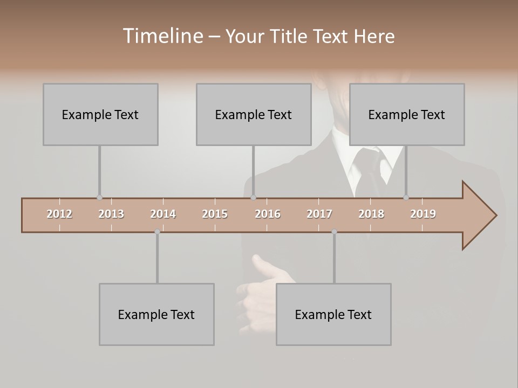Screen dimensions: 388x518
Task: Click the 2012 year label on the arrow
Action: click(x=59, y=214)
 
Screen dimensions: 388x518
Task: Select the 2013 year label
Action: click(x=111, y=214)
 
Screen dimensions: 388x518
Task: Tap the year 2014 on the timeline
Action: click(x=163, y=214)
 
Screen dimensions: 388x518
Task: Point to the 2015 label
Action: click(x=215, y=214)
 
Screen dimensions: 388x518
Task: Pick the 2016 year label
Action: click(x=268, y=214)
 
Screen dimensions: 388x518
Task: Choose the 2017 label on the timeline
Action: click(x=319, y=214)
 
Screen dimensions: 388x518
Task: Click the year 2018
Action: click(x=371, y=214)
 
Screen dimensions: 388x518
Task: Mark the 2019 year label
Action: click(x=423, y=214)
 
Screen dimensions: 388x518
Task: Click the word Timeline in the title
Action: click(x=162, y=36)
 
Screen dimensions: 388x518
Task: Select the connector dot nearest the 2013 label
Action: click(x=99, y=198)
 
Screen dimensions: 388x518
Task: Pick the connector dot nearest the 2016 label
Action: click(x=254, y=198)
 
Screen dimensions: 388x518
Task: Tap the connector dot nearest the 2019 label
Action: click(x=406, y=198)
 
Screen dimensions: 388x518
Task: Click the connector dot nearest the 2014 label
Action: click(x=157, y=232)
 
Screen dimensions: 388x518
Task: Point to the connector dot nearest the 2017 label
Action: click(x=334, y=232)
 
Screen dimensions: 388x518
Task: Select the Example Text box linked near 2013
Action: click(x=100, y=114)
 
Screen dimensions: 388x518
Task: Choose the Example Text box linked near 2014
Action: click(x=156, y=314)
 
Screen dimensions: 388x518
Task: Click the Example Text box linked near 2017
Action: click(x=333, y=314)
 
